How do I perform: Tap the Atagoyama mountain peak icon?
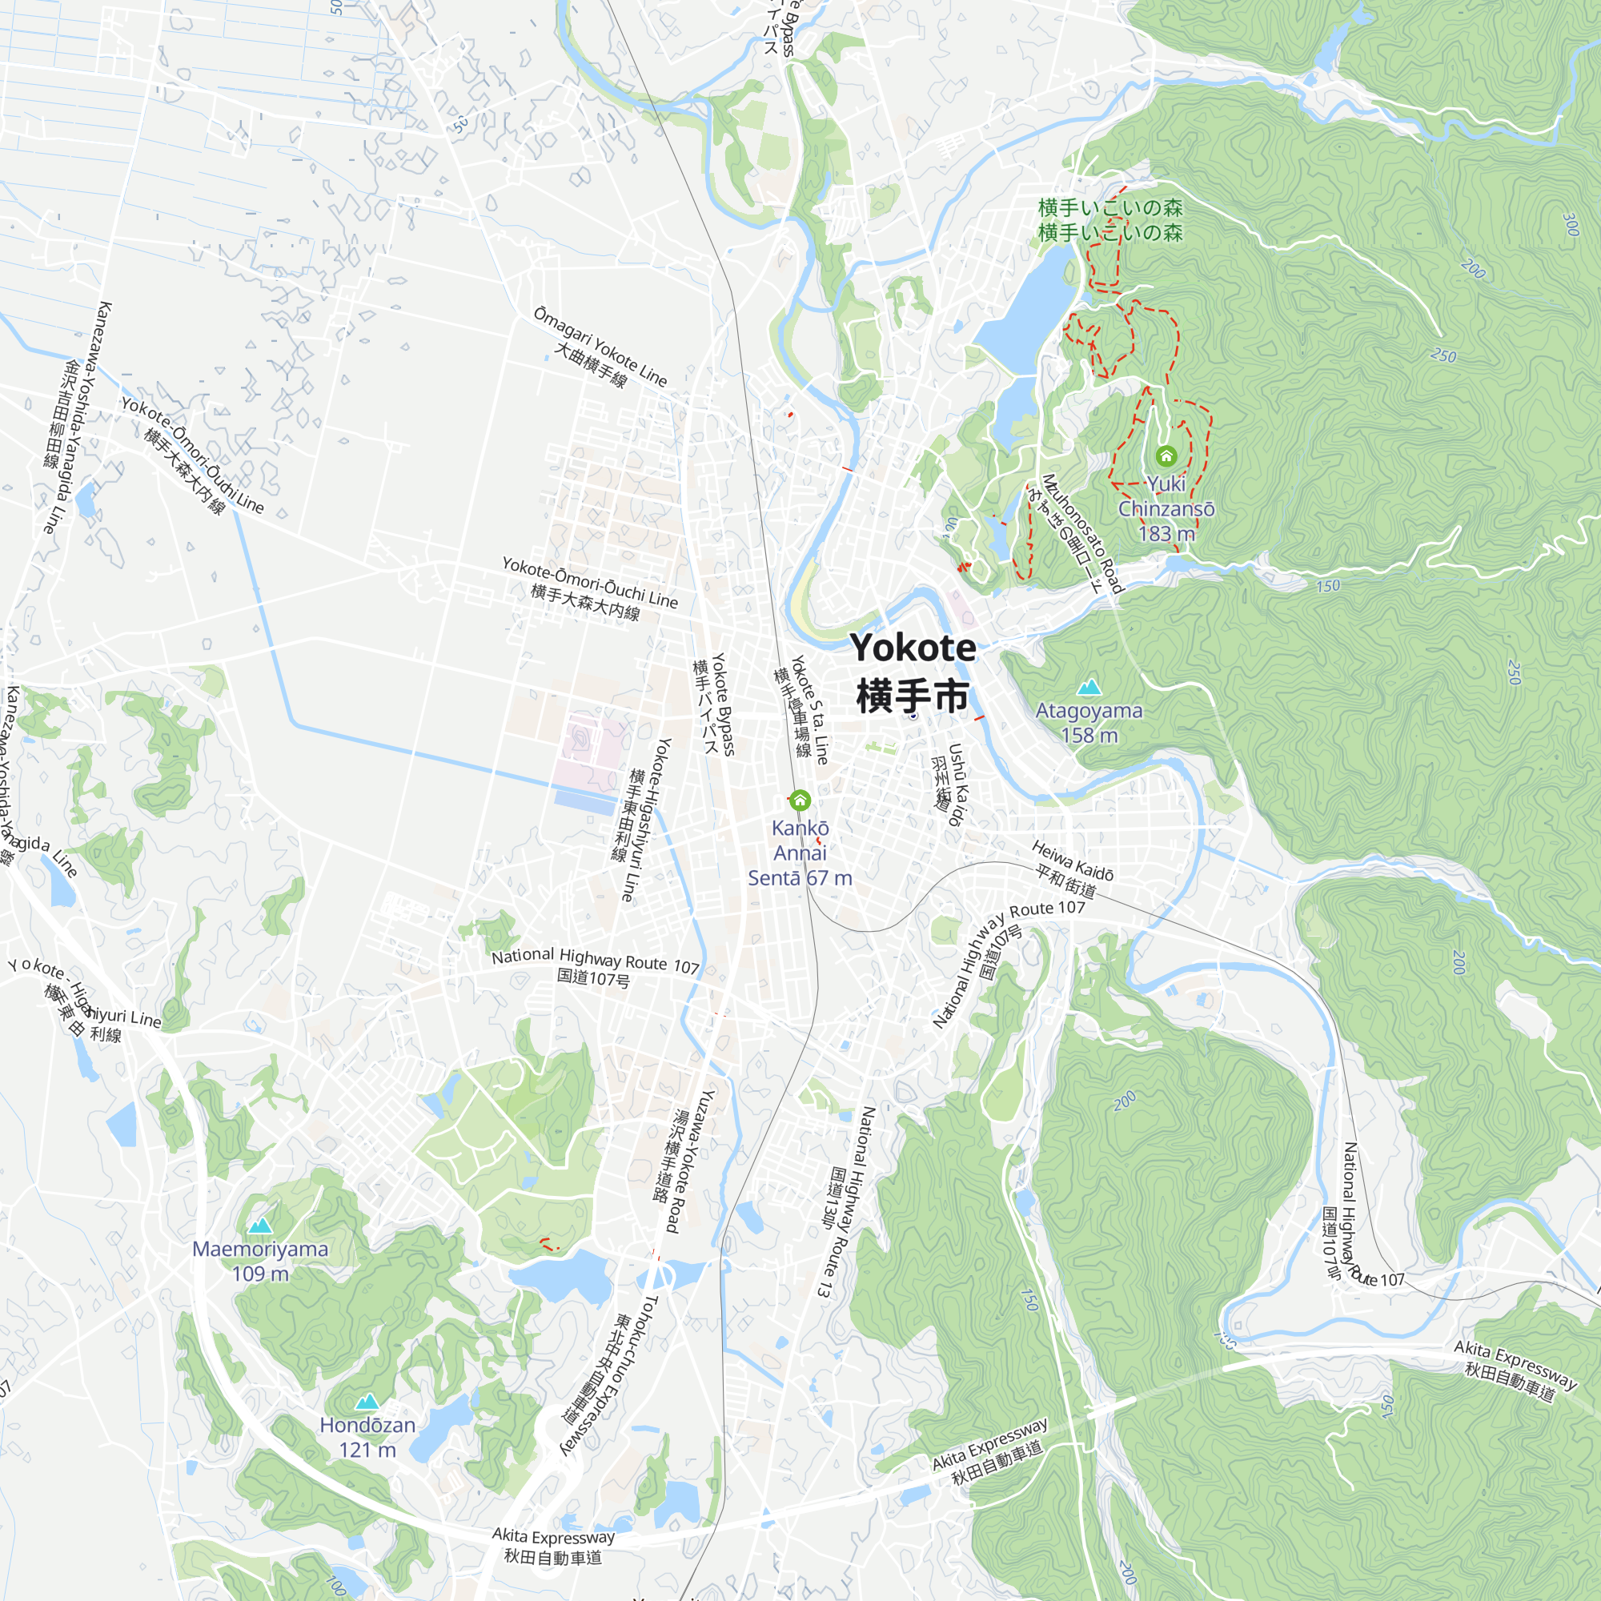(x=1089, y=687)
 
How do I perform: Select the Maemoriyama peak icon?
(x=260, y=1225)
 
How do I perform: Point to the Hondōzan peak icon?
(x=367, y=1402)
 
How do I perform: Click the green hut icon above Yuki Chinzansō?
(x=1166, y=455)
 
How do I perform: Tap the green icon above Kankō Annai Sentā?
(x=800, y=800)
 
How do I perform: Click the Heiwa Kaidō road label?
(x=1073, y=861)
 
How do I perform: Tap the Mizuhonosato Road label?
(x=1082, y=534)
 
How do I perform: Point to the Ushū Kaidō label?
(x=957, y=783)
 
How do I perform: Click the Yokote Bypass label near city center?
(x=724, y=704)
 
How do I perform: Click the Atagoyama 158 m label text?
(x=1089, y=723)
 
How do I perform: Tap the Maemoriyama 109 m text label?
(x=260, y=1262)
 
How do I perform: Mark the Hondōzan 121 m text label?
(x=367, y=1438)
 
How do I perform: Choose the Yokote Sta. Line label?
(x=809, y=709)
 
